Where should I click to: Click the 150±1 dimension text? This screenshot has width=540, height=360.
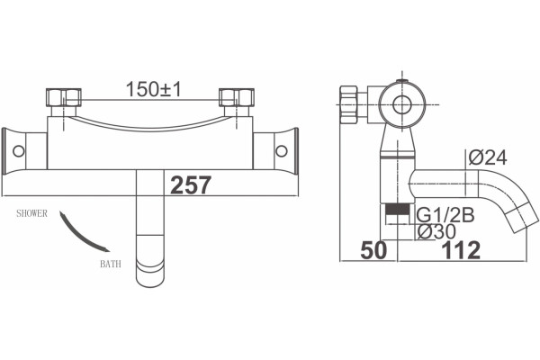(x=153, y=89)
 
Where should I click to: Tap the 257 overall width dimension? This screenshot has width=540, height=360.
(x=191, y=185)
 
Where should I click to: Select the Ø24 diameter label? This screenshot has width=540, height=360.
(x=488, y=158)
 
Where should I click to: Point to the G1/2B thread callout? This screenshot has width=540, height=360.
(x=445, y=215)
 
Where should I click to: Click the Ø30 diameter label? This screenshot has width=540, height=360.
(x=436, y=231)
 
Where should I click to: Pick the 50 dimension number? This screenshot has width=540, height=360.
(x=373, y=250)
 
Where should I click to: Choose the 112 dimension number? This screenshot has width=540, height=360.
(x=461, y=250)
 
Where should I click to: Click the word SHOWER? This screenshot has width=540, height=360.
(x=32, y=213)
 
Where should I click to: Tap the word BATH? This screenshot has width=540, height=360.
(x=111, y=265)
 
